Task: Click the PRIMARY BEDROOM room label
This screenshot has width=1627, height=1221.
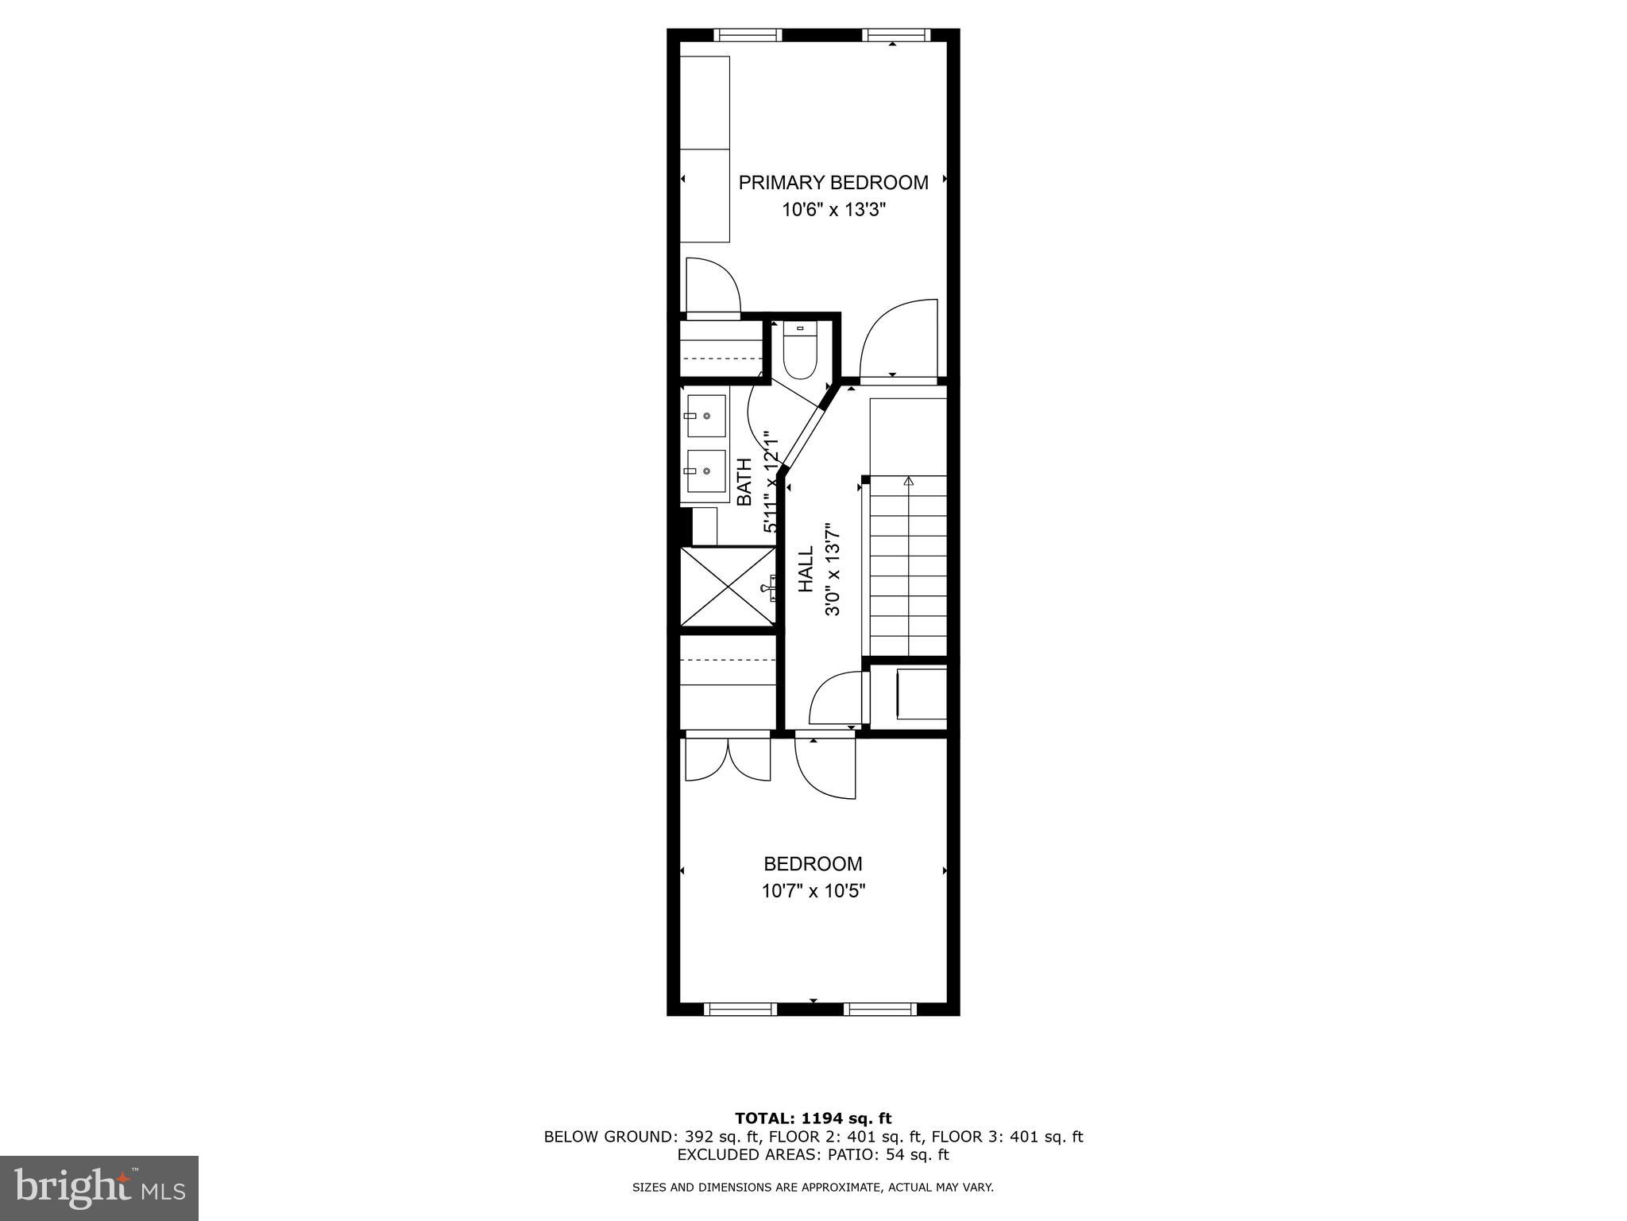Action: pos(833,183)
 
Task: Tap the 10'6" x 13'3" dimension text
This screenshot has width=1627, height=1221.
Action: pos(833,211)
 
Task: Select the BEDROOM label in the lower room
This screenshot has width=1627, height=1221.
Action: pos(813,863)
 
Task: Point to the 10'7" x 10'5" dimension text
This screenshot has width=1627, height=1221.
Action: pos(813,891)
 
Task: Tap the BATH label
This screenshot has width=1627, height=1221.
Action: pos(744,482)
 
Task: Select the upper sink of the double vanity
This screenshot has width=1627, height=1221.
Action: pos(705,416)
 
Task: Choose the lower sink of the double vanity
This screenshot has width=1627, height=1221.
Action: pos(705,471)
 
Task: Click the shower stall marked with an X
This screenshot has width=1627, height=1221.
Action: pos(728,586)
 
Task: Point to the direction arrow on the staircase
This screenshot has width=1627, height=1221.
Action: pos(909,481)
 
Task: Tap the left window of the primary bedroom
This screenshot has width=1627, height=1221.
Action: pos(748,35)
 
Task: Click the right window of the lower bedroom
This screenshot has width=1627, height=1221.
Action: pos(880,1010)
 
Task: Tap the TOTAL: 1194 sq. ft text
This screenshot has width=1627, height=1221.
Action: pos(813,1119)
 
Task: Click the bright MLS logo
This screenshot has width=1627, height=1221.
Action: pos(99,1188)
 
